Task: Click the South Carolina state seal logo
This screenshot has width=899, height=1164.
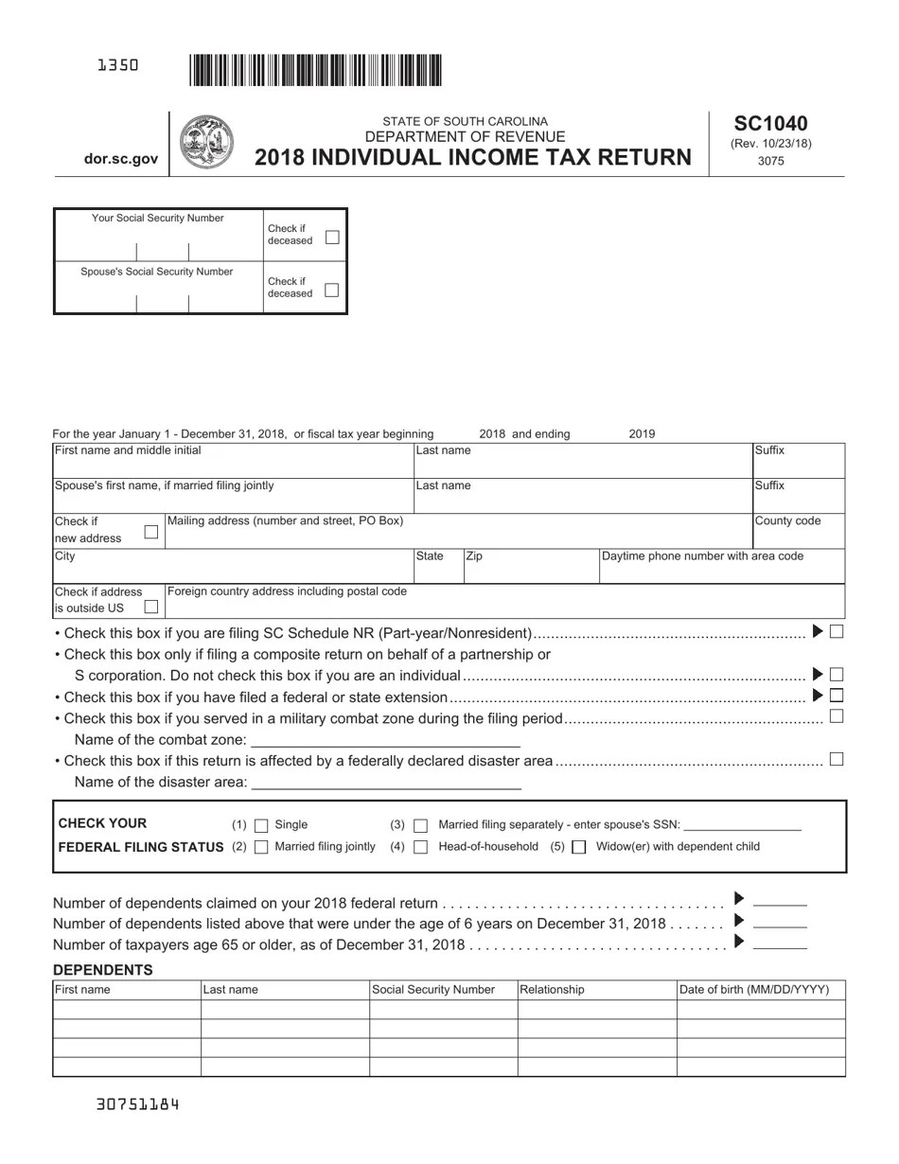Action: [206, 144]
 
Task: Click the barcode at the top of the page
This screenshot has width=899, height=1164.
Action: [315, 71]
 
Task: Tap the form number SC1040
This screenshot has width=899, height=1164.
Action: [770, 124]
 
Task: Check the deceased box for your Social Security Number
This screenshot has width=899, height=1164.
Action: [332, 237]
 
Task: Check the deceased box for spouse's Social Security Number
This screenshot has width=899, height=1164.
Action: [332, 290]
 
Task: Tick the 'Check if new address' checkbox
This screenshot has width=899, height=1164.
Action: [150, 533]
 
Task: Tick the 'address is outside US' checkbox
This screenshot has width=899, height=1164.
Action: [150, 607]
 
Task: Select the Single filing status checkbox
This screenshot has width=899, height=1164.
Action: [261, 825]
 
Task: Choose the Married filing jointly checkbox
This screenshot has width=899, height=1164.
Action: [261, 847]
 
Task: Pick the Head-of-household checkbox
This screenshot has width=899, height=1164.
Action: [421, 847]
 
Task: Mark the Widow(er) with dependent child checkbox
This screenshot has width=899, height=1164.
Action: [579, 847]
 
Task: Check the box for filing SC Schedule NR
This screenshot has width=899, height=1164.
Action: [837, 631]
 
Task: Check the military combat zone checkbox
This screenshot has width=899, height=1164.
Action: [837, 716]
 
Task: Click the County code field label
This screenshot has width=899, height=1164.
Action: [787, 521]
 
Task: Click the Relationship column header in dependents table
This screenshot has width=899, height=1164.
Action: [552, 990]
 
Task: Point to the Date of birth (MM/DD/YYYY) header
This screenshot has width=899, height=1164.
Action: [754, 990]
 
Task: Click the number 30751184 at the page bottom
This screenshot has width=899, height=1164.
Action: [138, 1104]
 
